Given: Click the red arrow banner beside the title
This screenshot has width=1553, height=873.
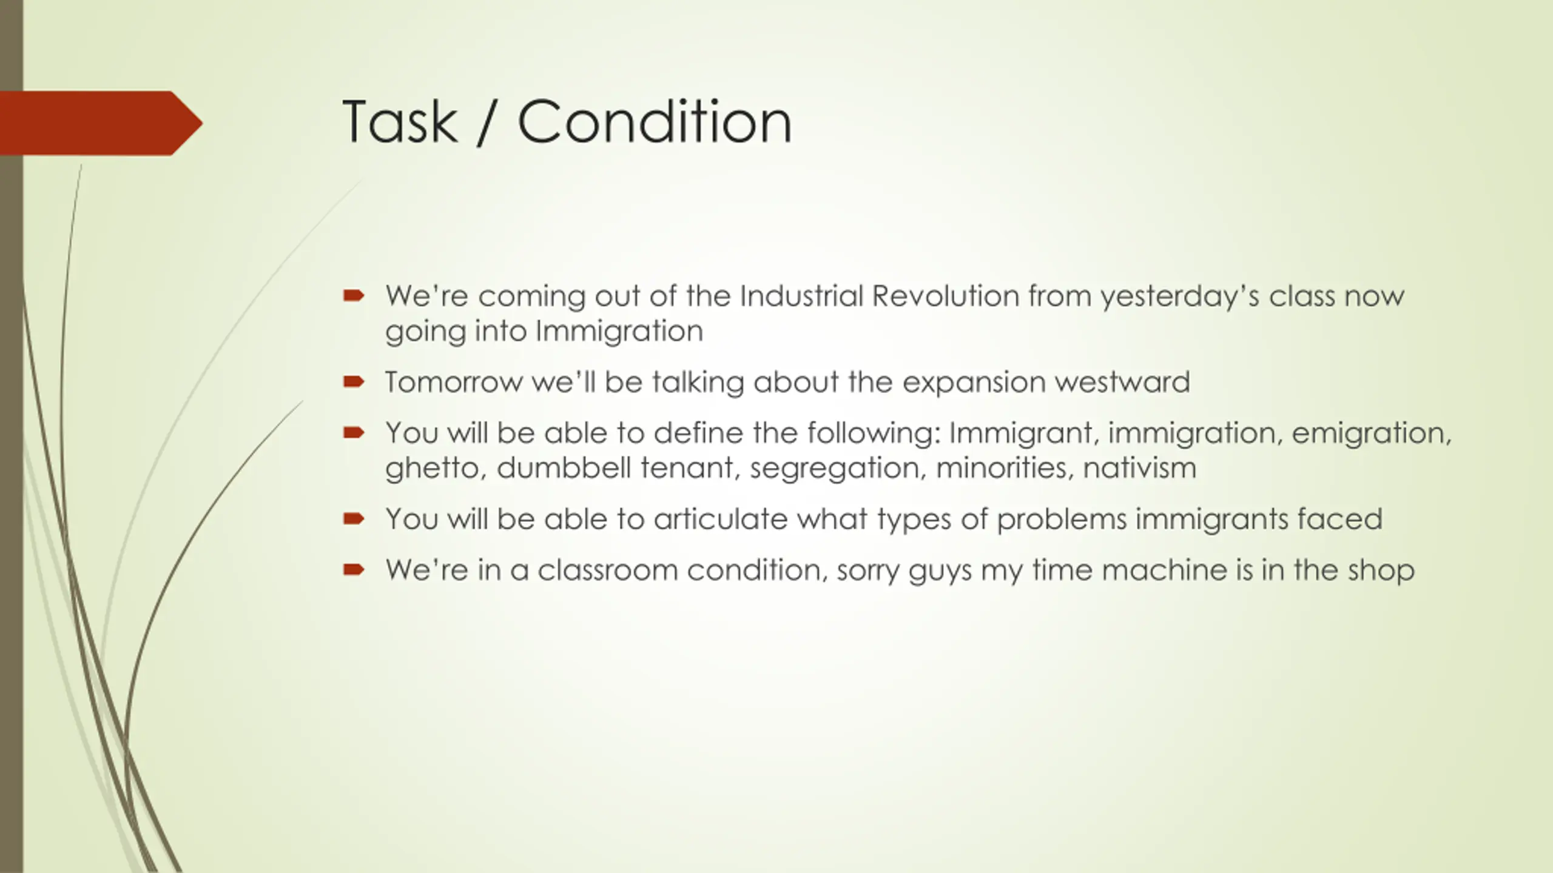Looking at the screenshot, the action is [101, 123].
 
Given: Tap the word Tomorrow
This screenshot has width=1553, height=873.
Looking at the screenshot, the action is [454, 382].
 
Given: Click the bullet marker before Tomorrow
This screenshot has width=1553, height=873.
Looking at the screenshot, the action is [353, 382].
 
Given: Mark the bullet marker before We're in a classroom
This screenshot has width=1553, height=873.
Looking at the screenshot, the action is [353, 570].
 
